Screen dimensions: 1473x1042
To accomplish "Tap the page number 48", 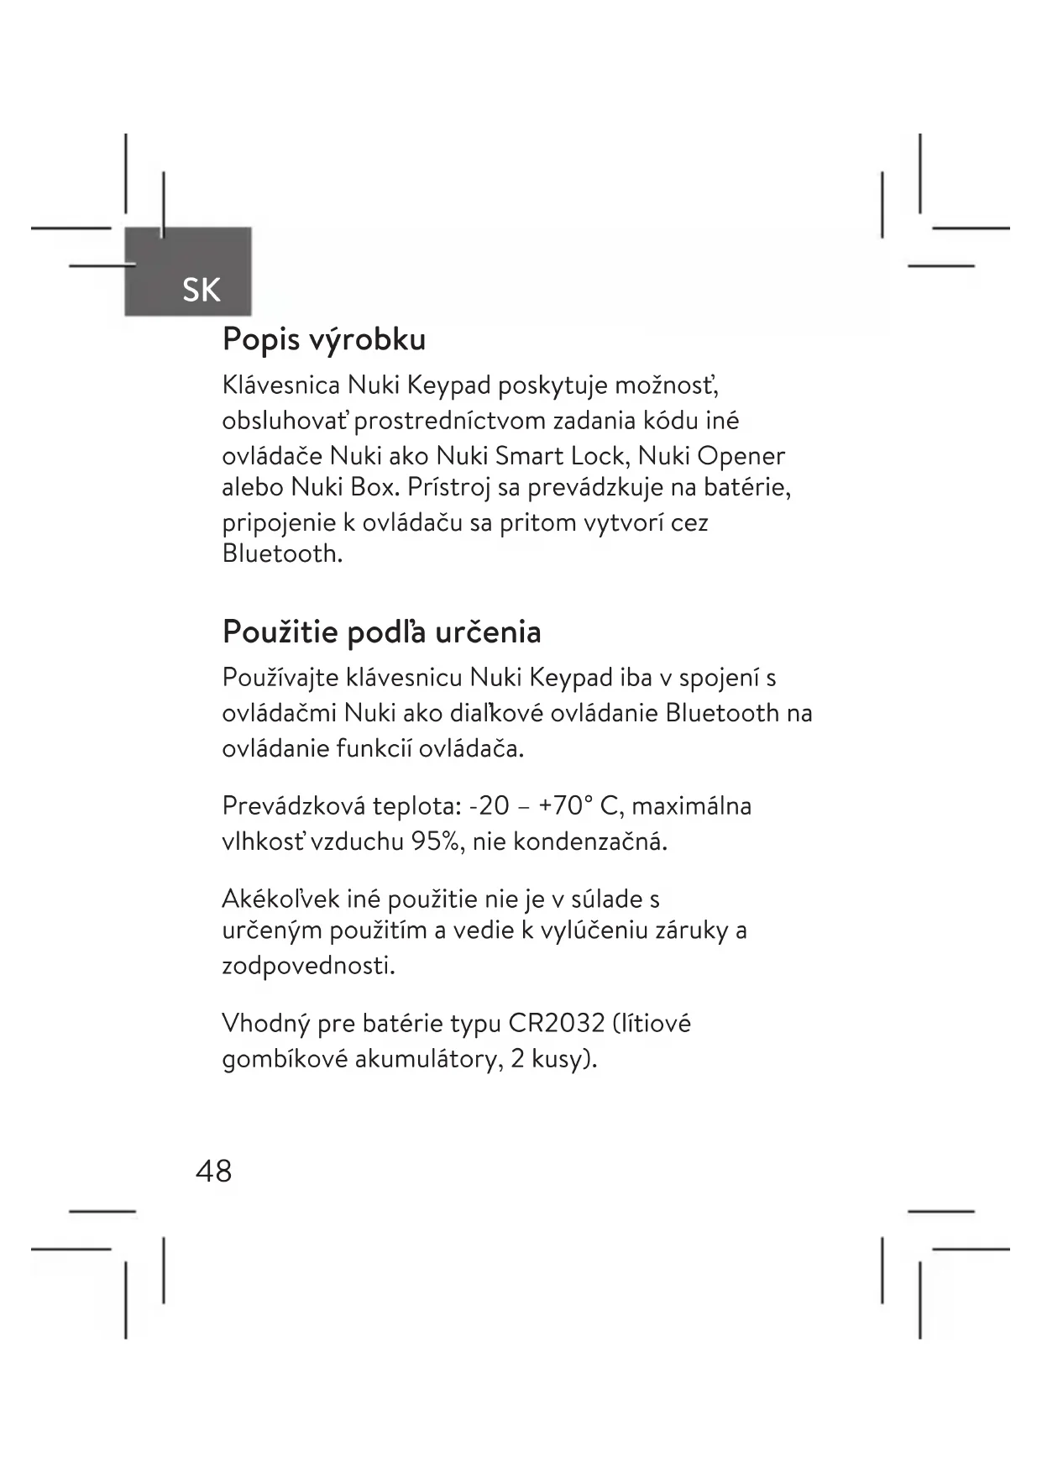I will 213,1170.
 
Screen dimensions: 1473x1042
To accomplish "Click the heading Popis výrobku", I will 324,339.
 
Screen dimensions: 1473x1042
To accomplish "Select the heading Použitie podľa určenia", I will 381,632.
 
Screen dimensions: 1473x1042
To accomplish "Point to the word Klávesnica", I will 280,385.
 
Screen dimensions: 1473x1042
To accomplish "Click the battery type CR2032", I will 556,1023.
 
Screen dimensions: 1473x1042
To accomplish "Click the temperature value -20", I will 490,806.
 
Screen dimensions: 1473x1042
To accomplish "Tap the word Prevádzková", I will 293,806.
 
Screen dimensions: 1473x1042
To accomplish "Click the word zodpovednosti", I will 308,966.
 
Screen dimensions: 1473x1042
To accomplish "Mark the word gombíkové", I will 285,1060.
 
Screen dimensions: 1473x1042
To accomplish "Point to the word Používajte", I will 280,678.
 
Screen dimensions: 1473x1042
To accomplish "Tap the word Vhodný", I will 264,1024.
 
